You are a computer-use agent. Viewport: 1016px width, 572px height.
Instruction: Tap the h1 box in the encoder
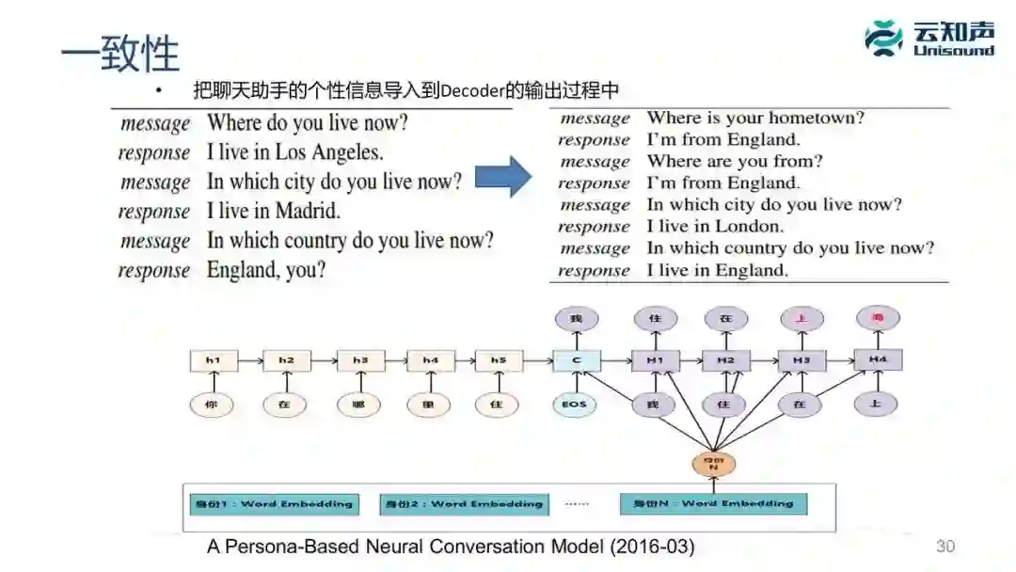coord(214,360)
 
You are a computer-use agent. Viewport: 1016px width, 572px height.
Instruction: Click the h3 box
coord(360,360)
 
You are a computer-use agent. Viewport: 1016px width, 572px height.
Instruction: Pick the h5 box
coord(499,360)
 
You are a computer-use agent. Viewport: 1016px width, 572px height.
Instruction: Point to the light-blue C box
coord(577,360)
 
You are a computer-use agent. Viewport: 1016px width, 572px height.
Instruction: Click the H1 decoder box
coord(655,360)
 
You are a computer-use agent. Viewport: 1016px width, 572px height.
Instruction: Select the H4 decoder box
coord(877,360)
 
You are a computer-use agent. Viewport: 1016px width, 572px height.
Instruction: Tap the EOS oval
coord(575,405)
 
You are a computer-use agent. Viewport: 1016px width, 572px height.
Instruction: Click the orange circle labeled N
coord(713,463)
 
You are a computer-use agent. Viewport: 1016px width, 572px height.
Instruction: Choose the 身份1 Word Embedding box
coord(273,504)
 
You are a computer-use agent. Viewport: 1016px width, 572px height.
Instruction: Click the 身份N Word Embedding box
coord(713,504)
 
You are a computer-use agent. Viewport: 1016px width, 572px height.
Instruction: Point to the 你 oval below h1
coord(211,405)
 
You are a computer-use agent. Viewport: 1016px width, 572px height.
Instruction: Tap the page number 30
coord(945,547)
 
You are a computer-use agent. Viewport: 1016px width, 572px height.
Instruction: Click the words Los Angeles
coord(329,152)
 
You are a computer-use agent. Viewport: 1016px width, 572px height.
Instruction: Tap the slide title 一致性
coord(119,55)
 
